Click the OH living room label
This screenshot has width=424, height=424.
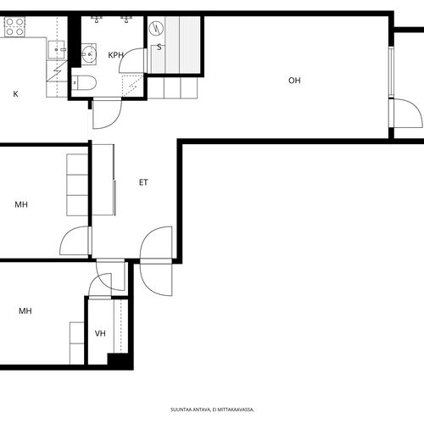(x=294, y=81)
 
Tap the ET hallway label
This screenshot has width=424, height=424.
(x=143, y=182)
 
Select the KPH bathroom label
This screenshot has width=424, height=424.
(x=116, y=55)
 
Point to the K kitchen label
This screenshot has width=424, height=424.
(x=16, y=94)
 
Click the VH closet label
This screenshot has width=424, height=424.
(x=100, y=333)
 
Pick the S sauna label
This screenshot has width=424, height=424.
(x=159, y=47)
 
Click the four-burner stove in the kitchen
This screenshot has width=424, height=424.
(x=14, y=27)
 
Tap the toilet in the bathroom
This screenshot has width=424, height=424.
(x=84, y=83)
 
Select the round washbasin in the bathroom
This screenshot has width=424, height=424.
(x=89, y=53)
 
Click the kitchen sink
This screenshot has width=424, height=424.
(x=57, y=50)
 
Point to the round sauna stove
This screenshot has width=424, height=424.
(x=156, y=28)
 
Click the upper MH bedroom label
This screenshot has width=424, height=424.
(x=21, y=204)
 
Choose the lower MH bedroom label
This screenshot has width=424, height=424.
(x=25, y=311)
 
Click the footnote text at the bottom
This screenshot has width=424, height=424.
(x=212, y=410)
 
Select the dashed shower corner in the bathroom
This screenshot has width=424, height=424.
(x=132, y=86)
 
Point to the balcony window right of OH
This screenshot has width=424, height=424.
(x=391, y=72)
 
